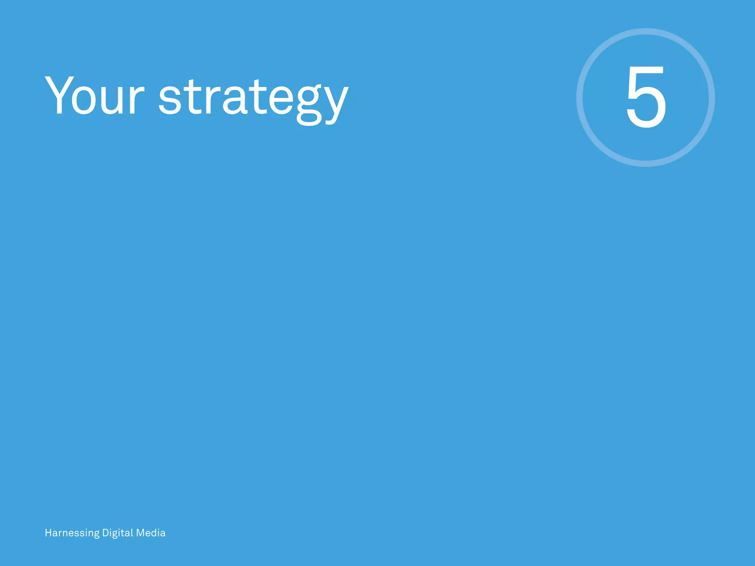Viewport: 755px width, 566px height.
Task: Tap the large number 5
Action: click(x=646, y=97)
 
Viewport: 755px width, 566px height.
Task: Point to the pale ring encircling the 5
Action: click(x=580, y=98)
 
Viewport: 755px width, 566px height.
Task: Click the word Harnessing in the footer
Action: click(x=72, y=533)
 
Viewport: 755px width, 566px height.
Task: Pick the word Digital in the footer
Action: click(x=118, y=533)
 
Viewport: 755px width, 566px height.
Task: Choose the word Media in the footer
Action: click(x=151, y=533)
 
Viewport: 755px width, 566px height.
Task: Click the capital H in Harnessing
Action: click(x=48, y=533)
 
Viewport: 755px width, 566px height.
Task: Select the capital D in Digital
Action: click(x=105, y=533)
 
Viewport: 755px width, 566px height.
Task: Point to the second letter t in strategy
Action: click(x=258, y=97)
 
